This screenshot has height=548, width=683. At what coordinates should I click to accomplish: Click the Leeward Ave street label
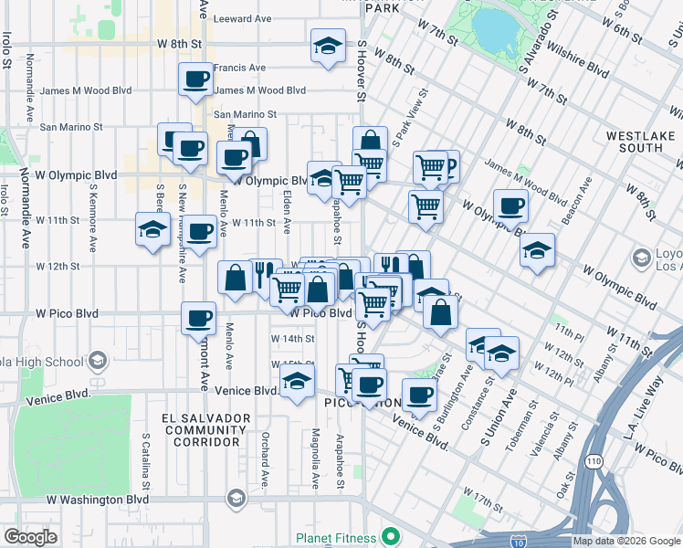[x=242, y=18]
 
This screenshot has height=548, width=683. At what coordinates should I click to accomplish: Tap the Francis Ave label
[x=239, y=68]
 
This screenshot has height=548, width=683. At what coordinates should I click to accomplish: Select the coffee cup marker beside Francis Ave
[x=195, y=80]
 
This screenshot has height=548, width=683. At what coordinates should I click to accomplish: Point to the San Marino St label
[x=245, y=114]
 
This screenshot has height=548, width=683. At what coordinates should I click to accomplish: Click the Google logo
[x=30, y=537]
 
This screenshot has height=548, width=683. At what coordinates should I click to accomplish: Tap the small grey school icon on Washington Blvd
[x=236, y=498]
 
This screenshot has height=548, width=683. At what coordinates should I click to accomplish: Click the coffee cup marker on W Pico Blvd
[x=198, y=319]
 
